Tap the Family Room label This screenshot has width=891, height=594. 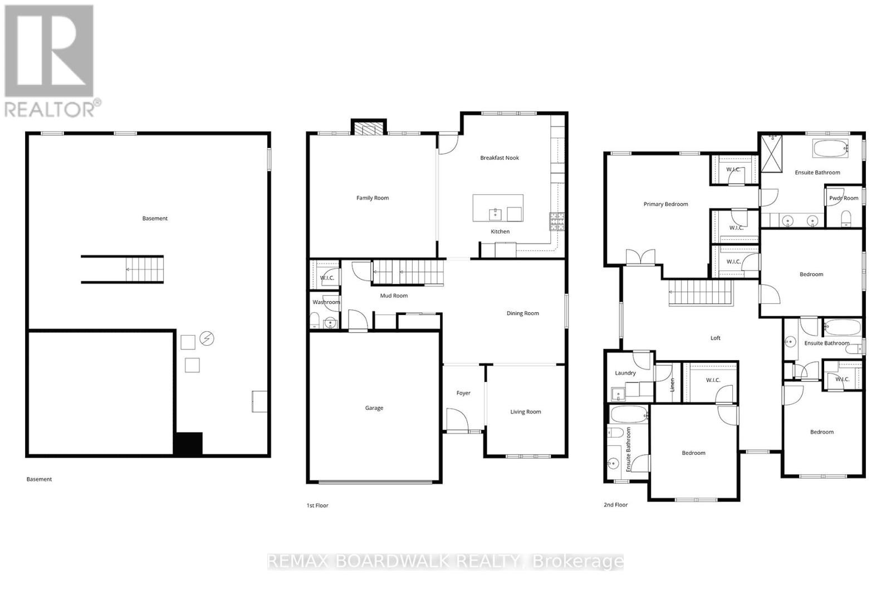[373, 198]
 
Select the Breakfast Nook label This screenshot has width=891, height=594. [500, 158]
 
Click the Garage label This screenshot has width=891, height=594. [374, 408]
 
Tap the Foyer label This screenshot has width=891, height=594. [463, 393]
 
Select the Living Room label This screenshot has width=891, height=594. [526, 412]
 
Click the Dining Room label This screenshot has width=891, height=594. [522, 313]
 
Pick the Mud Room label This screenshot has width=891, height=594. [394, 296]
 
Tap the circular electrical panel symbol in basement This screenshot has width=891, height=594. [207, 338]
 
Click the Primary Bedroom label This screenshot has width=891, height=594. [665, 204]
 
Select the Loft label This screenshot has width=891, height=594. [716, 338]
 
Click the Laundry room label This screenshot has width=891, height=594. [625, 373]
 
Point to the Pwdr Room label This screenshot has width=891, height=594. [844, 198]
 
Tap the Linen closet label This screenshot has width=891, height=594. [672, 384]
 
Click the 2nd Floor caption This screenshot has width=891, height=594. [615, 505]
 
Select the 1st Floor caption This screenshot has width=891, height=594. [317, 505]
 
